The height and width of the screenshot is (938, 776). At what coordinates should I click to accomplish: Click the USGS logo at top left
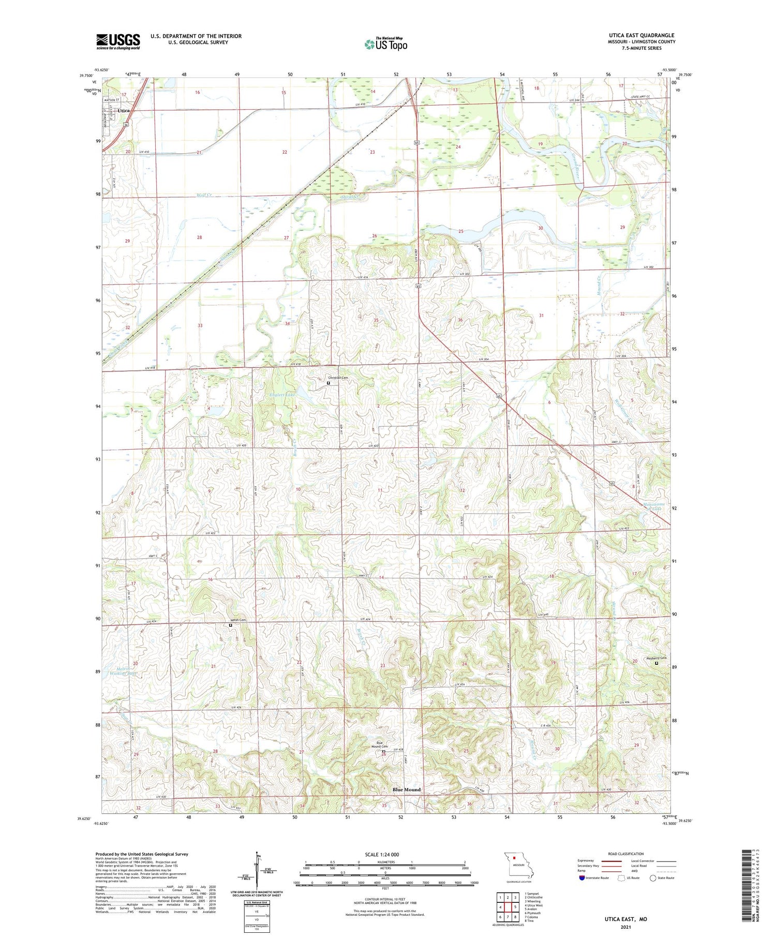click(x=118, y=41)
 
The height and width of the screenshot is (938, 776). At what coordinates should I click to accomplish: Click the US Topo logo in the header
click(x=386, y=44)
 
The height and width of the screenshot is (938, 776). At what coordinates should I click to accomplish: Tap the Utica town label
click(x=124, y=111)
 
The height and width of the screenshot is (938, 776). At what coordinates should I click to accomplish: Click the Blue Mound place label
click(x=406, y=790)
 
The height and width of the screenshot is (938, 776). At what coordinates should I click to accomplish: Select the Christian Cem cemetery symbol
click(x=328, y=383)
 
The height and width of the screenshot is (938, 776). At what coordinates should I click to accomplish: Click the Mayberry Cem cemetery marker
click(x=656, y=663)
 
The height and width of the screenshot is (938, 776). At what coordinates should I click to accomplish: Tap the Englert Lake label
click(x=282, y=395)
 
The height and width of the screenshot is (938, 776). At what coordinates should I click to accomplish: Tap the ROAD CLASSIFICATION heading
click(x=626, y=854)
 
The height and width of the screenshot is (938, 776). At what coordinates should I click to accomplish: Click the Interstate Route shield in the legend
click(x=582, y=877)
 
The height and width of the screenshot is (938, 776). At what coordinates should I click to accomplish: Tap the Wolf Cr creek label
click(x=204, y=195)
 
